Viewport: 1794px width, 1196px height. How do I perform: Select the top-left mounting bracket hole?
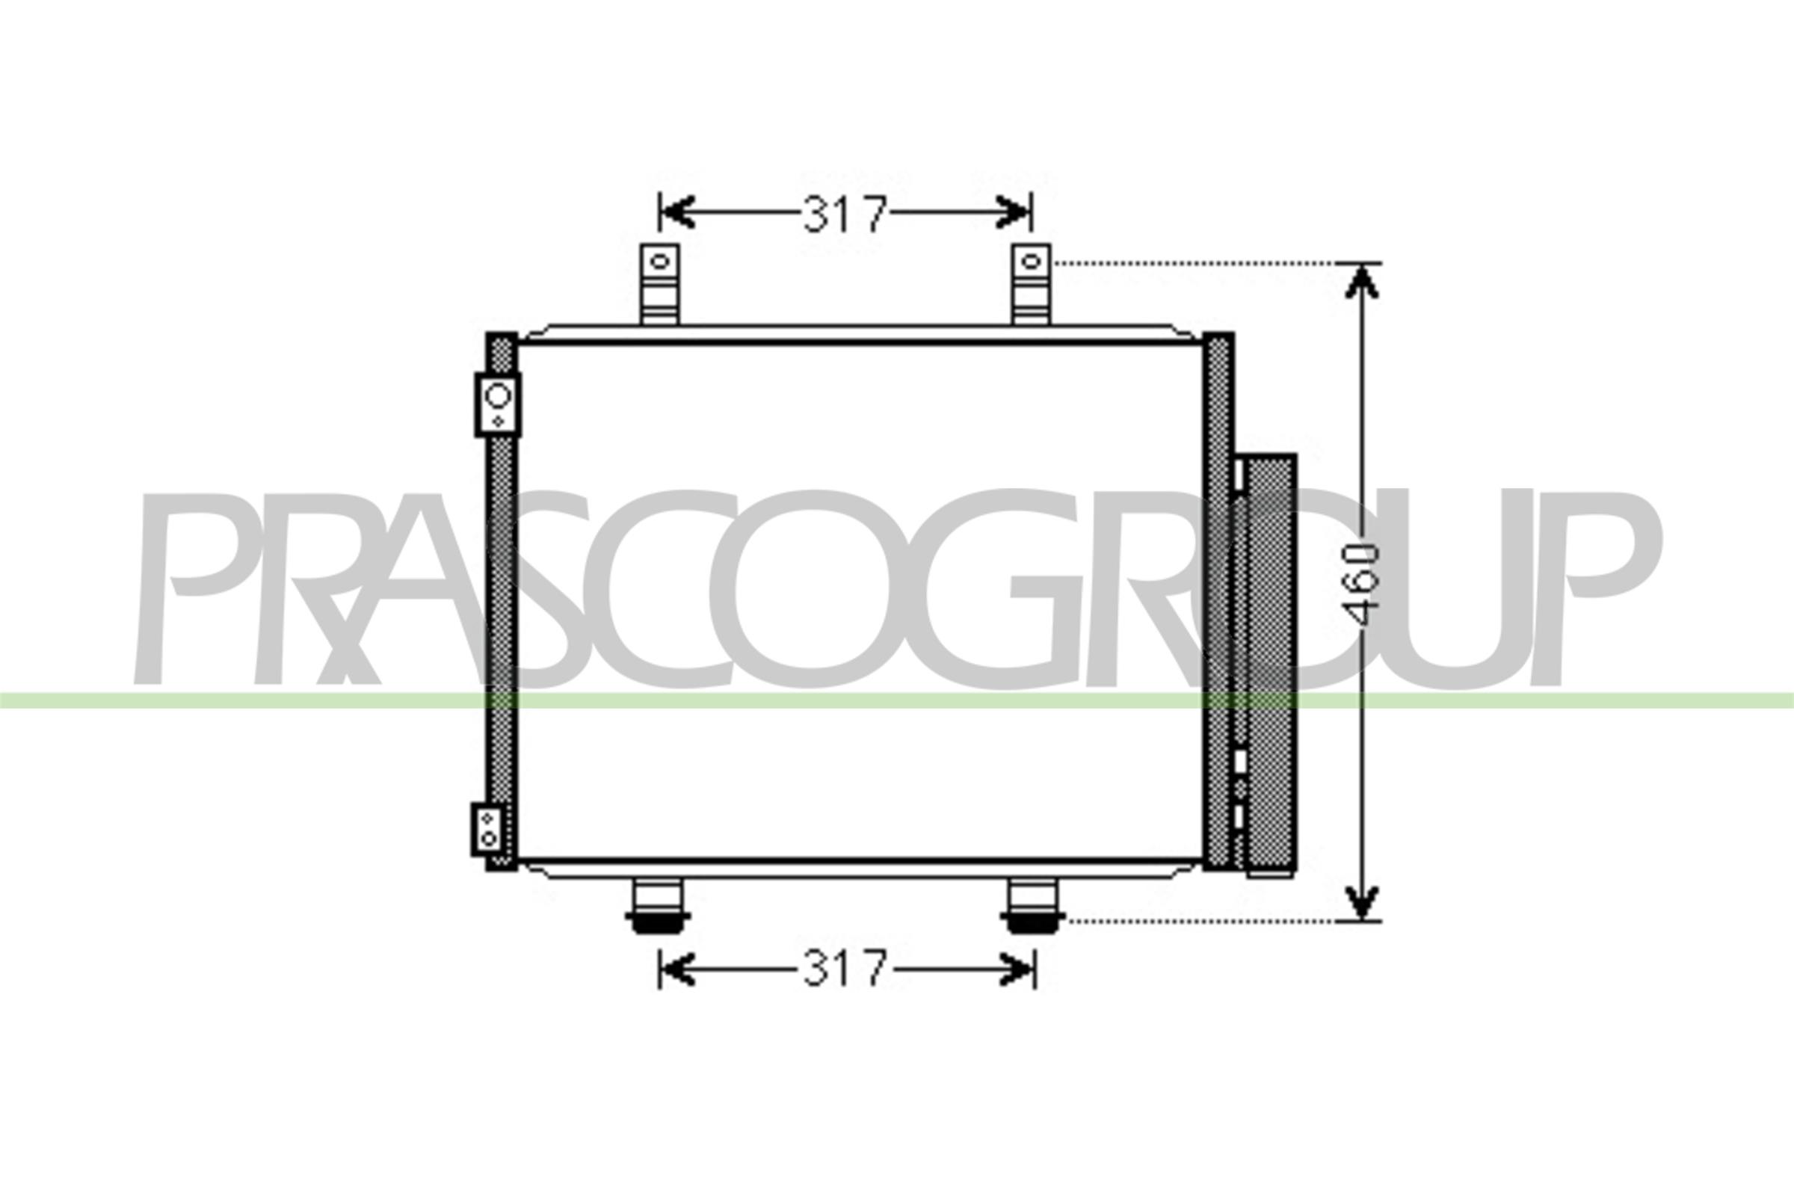660,262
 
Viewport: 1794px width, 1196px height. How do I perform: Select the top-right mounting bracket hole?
1031,262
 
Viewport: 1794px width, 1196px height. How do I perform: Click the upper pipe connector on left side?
498,404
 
